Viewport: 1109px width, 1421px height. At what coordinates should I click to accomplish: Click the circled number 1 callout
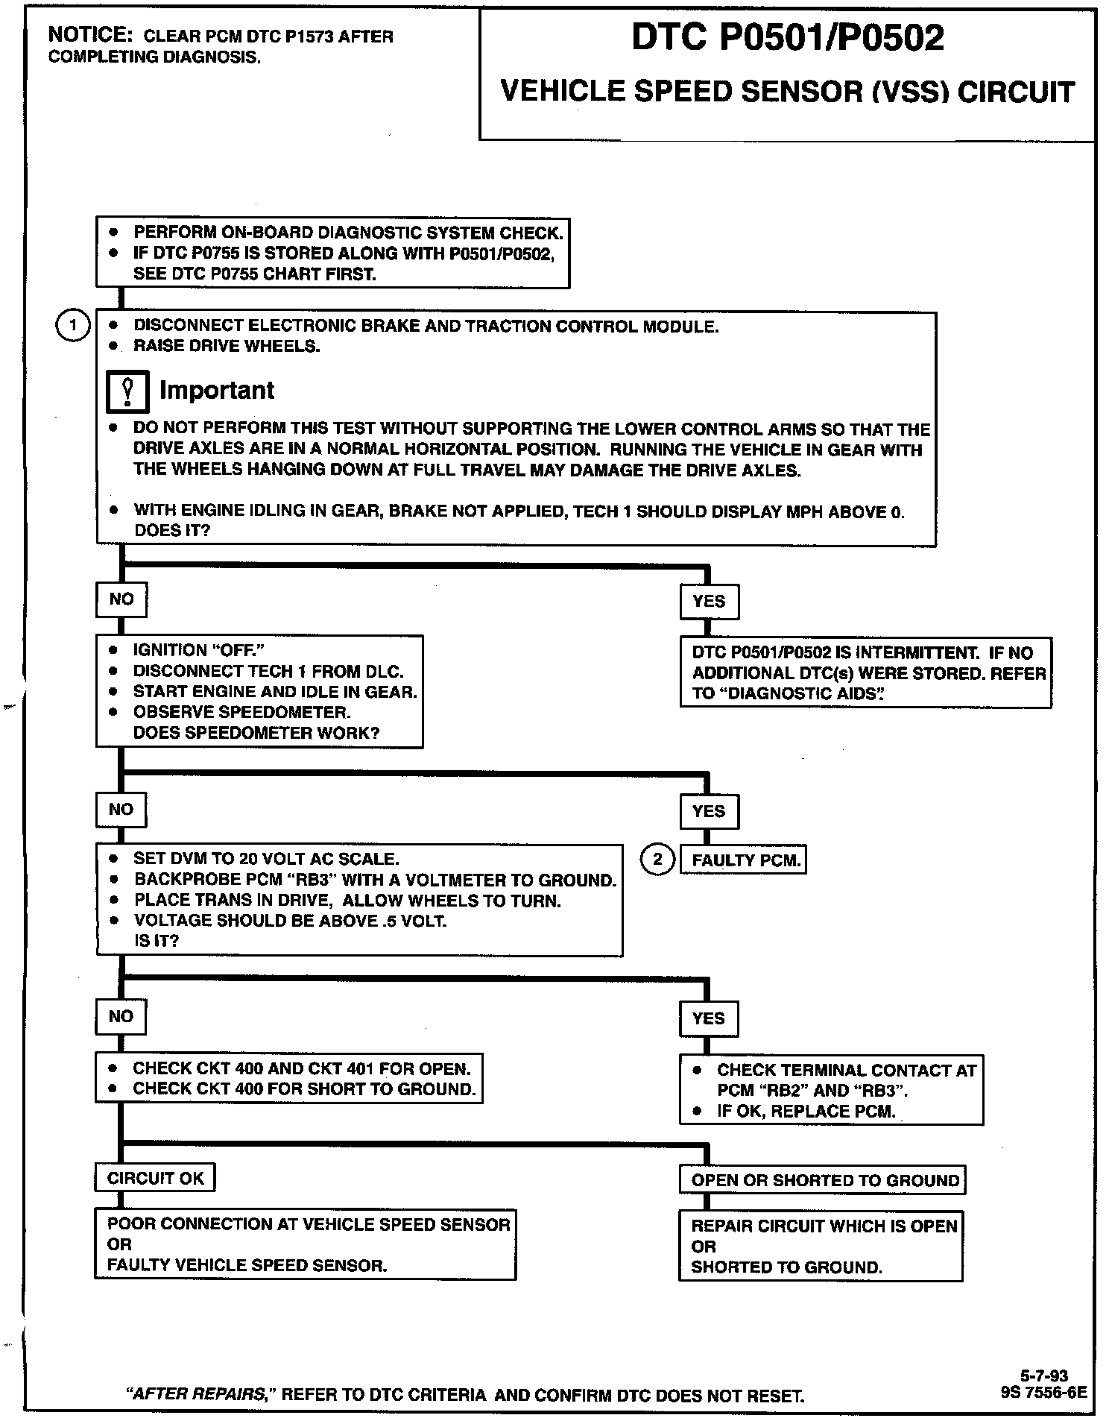(72, 326)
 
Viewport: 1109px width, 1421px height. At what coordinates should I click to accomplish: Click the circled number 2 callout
(657, 860)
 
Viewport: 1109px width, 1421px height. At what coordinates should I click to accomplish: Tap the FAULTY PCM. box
(744, 860)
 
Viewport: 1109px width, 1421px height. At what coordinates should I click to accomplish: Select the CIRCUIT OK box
(155, 1178)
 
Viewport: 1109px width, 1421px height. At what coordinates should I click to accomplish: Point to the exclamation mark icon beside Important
(127, 391)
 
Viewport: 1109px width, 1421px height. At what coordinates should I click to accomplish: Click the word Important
(217, 390)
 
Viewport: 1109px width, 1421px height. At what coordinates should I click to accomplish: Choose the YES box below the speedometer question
(709, 811)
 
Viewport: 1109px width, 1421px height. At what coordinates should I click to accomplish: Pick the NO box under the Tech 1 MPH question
(121, 599)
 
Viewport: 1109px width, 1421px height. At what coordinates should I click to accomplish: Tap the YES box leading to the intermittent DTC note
(709, 601)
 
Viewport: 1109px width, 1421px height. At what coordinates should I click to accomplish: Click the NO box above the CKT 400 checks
(121, 1016)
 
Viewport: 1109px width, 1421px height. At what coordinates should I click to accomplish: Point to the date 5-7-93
(1043, 1376)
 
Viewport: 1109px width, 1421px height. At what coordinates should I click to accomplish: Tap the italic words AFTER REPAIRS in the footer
(200, 1394)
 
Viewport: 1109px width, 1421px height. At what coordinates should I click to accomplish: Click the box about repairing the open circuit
(821, 1246)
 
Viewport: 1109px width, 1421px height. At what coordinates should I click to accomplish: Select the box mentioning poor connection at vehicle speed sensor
(305, 1244)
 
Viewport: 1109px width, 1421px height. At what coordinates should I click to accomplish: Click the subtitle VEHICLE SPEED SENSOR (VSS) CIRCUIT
(787, 92)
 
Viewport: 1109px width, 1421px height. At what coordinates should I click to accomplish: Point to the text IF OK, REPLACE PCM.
(806, 1111)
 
